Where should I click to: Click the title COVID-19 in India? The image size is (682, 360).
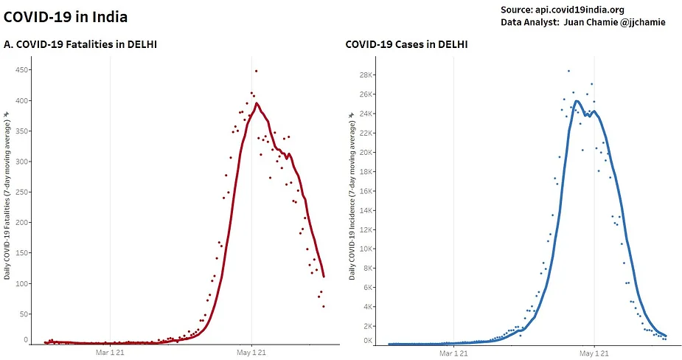pos(66,15)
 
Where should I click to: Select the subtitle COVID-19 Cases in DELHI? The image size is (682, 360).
pos(406,45)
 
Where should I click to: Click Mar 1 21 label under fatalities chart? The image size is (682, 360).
pos(111,353)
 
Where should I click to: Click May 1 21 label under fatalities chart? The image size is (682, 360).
pos(251,353)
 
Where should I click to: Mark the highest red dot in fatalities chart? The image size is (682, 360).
pos(256,71)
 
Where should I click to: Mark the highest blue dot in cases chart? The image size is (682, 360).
pos(568,71)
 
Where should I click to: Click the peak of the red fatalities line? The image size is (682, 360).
pos(257,103)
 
